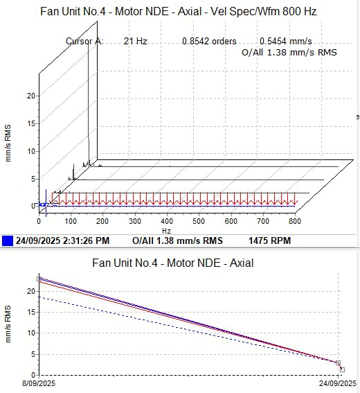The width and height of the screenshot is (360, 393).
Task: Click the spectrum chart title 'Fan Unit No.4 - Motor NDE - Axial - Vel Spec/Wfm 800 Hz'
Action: pyautogui.click(x=179, y=12)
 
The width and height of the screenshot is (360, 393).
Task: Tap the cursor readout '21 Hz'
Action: pyautogui.click(x=135, y=41)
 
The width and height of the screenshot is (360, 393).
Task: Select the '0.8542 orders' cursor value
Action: pyautogui.click(x=209, y=41)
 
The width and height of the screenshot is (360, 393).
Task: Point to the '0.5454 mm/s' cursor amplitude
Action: pyautogui.click(x=286, y=41)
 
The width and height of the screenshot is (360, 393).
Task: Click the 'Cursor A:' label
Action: pyautogui.click(x=84, y=41)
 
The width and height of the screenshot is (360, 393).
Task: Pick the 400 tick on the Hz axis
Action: pyautogui.click(x=167, y=221)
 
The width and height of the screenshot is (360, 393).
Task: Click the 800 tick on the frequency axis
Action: pyautogui.click(x=295, y=221)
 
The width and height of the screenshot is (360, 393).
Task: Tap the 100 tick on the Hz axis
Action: pyautogui.click(x=71, y=221)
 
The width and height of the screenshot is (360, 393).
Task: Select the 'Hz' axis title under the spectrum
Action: pyautogui.click(x=166, y=231)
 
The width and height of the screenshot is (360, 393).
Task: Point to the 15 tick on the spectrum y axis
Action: pyautogui.click(x=31, y=123)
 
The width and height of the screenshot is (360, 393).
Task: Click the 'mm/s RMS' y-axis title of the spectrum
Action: pyautogui.click(x=8, y=143)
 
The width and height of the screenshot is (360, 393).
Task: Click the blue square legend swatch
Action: pyautogui.click(x=7, y=241)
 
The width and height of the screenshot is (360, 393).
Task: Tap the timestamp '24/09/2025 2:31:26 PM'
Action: pyautogui.click(x=62, y=241)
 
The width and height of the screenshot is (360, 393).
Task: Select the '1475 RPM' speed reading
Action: pyautogui.click(x=269, y=241)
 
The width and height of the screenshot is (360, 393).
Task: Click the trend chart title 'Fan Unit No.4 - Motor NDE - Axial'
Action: pyautogui.click(x=173, y=263)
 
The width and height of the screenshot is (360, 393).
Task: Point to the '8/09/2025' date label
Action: pyautogui.click(x=39, y=383)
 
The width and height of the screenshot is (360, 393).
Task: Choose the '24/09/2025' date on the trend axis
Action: pyautogui.click(x=338, y=383)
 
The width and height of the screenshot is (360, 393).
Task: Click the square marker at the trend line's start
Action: pyautogui.click(x=39, y=279)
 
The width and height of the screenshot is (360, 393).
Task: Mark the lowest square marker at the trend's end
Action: pyautogui.click(x=343, y=369)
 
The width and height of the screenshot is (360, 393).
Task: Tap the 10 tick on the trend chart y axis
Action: pyautogui.click(x=31, y=333)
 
